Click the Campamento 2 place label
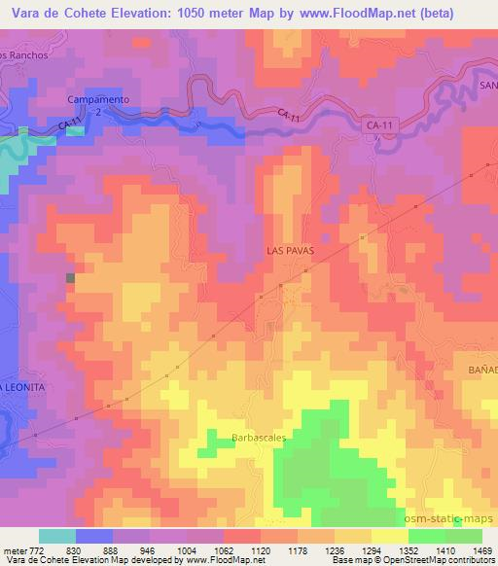click(84, 106)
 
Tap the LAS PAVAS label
click(289, 250)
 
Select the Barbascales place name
click(259, 439)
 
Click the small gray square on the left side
click(70, 278)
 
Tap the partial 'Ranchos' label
click(24, 54)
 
